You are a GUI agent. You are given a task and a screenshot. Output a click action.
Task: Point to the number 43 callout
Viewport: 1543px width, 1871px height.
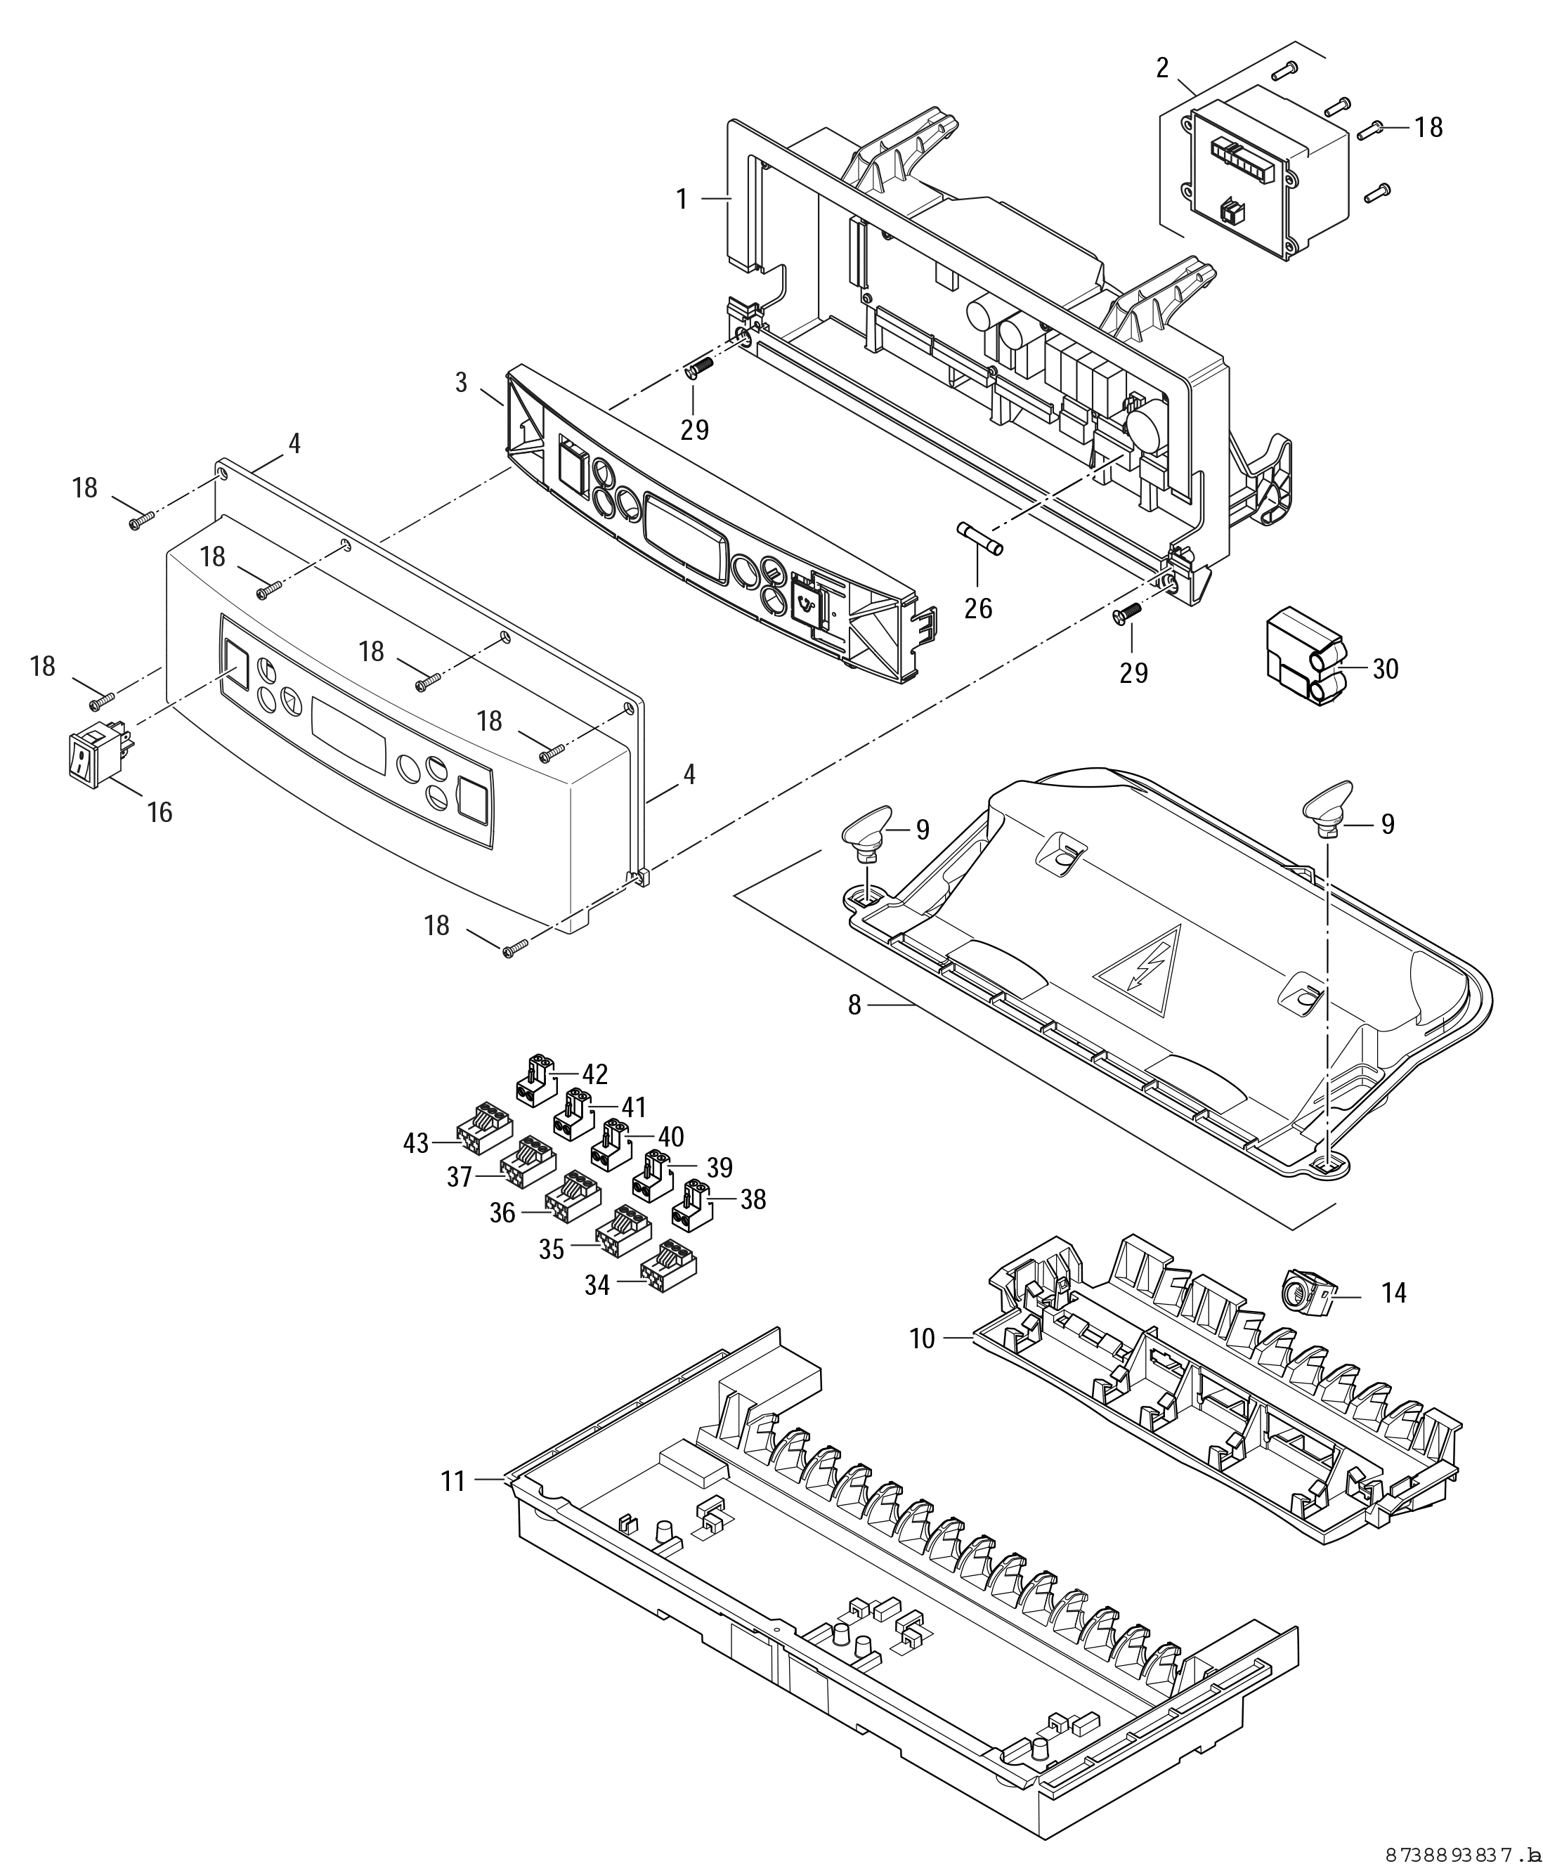click(416, 1143)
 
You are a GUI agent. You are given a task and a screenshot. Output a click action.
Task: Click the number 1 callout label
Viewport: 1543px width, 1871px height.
click(682, 199)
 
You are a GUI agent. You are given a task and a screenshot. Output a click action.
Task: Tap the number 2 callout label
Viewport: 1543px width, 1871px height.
click(1163, 68)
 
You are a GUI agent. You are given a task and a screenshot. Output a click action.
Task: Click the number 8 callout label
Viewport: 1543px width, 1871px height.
click(854, 1006)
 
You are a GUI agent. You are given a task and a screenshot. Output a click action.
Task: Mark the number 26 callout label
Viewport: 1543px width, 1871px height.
click(979, 609)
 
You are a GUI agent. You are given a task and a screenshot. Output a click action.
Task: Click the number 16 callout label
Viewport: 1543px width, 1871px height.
click(160, 811)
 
